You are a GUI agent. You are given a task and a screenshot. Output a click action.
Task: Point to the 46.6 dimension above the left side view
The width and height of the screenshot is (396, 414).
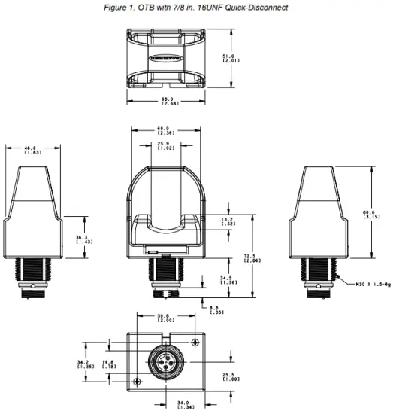pyautogui.click(x=32, y=149)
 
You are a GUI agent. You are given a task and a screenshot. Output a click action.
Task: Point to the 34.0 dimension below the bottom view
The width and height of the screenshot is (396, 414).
pyautogui.click(x=180, y=404)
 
